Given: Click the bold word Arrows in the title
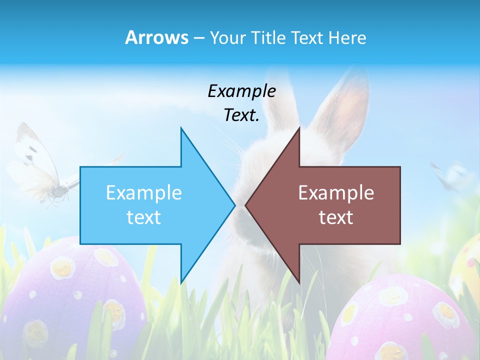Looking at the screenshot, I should tap(156, 37).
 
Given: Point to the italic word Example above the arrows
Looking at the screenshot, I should tap(241, 91).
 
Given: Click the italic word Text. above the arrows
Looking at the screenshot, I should tap(241, 115).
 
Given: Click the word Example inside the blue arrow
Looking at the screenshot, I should tap(143, 192).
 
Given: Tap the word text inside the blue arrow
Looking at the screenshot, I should tap(143, 217).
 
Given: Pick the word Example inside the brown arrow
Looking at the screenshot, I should tap(336, 192).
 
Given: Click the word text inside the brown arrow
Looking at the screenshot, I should tap(336, 217).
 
